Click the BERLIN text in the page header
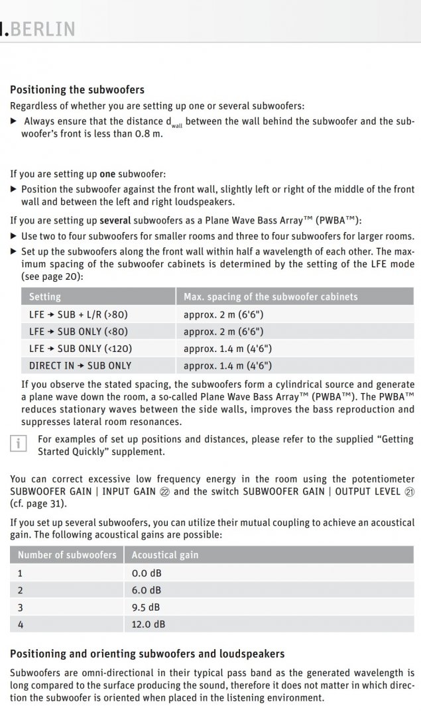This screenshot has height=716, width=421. coord(41,29)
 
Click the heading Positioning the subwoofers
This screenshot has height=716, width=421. coord(77,89)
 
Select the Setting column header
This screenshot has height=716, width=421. coord(45,296)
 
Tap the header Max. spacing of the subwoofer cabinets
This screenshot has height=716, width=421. coord(270,296)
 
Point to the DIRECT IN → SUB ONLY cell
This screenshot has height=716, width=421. coord(80,365)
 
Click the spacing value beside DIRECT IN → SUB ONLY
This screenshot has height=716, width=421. coord(227,365)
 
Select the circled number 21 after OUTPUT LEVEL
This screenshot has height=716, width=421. coord(409,491)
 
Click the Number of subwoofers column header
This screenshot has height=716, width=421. coord(66,555)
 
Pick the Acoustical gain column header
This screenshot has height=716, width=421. coord(165,555)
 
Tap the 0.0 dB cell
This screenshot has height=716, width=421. coord(147,573)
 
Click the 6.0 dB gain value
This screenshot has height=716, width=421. coord(147,590)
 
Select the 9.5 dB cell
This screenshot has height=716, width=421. coord(147,607)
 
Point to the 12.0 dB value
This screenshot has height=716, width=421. coord(149,624)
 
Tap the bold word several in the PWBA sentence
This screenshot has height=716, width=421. coord(117,219)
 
